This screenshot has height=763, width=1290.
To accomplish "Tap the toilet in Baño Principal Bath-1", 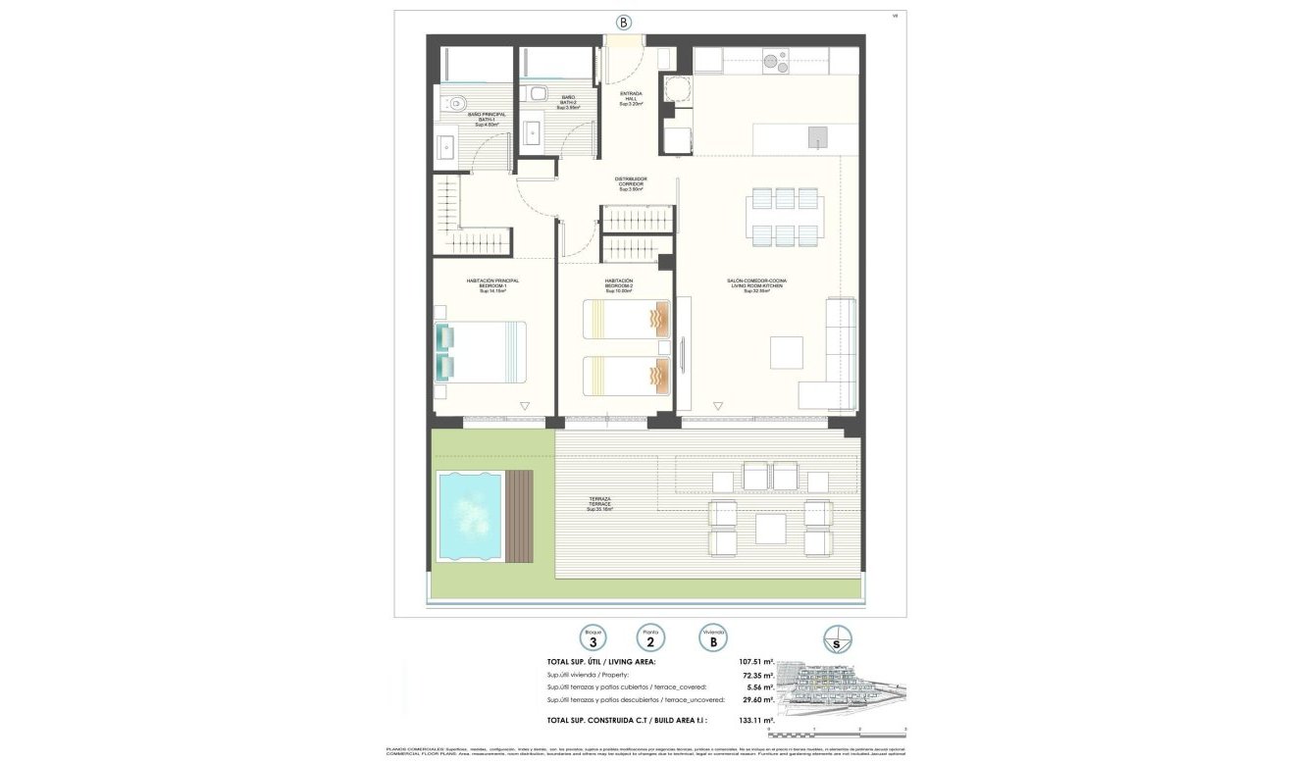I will (x=456, y=102).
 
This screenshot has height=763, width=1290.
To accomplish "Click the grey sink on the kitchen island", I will (x=818, y=137).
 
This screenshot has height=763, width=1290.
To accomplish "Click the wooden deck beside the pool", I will (x=519, y=515).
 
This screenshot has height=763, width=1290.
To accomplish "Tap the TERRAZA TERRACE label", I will (x=599, y=504).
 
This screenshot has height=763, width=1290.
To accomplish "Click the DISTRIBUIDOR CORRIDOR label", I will (x=631, y=183).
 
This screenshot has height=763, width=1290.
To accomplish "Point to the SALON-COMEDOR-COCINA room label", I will (x=755, y=285).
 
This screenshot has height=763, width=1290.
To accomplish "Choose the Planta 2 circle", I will (x=649, y=638).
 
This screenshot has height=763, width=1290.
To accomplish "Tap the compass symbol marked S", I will (x=838, y=639).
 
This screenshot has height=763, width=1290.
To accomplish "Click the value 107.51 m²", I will (x=755, y=662).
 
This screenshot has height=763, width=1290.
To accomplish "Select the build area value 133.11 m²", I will (x=755, y=720).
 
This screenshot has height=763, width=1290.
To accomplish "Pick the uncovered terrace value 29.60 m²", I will (x=757, y=699).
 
